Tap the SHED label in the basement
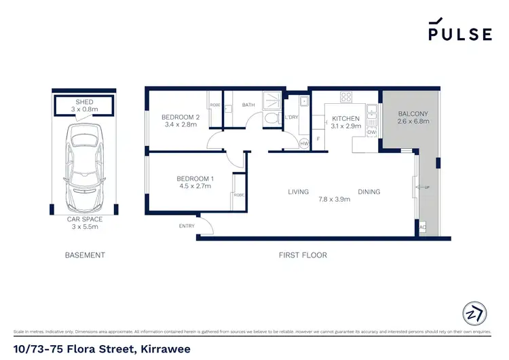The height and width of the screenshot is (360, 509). (x=84, y=102)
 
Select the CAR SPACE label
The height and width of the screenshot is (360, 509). (x=84, y=219)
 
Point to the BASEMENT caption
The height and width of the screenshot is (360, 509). (x=85, y=255)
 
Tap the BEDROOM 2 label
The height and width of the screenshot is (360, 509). (x=180, y=117)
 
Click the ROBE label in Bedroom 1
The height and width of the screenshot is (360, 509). (x=238, y=194)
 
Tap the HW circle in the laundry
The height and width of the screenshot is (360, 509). (x=304, y=144)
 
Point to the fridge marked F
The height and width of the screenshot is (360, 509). (x=318, y=139)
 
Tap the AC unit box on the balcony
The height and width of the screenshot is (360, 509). (x=423, y=228)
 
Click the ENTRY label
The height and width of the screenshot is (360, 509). (x=187, y=226)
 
